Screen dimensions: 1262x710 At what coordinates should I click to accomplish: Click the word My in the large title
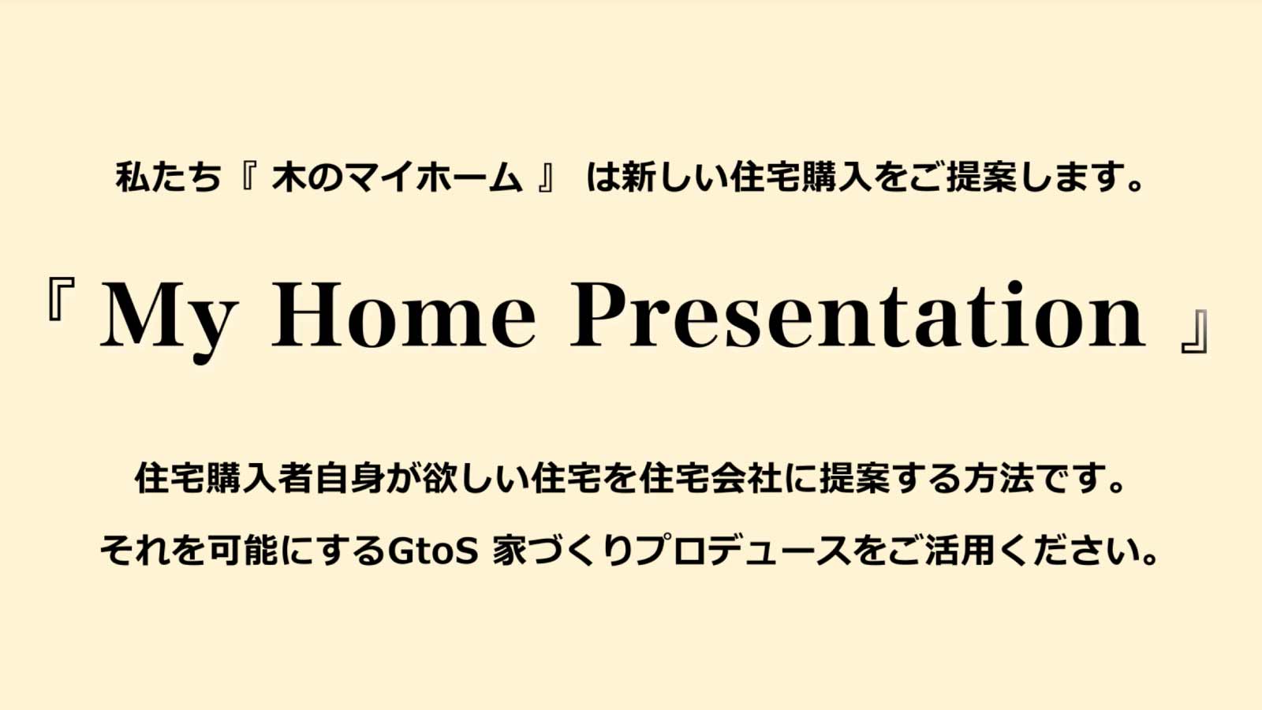pos(167,321)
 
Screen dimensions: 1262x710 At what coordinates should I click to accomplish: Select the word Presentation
pos(858,314)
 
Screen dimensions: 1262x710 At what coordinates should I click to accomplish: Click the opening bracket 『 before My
pos(62,300)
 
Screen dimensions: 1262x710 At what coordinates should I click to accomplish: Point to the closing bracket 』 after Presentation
pos(1194,332)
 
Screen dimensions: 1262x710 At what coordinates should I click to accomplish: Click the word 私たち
pos(168,177)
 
